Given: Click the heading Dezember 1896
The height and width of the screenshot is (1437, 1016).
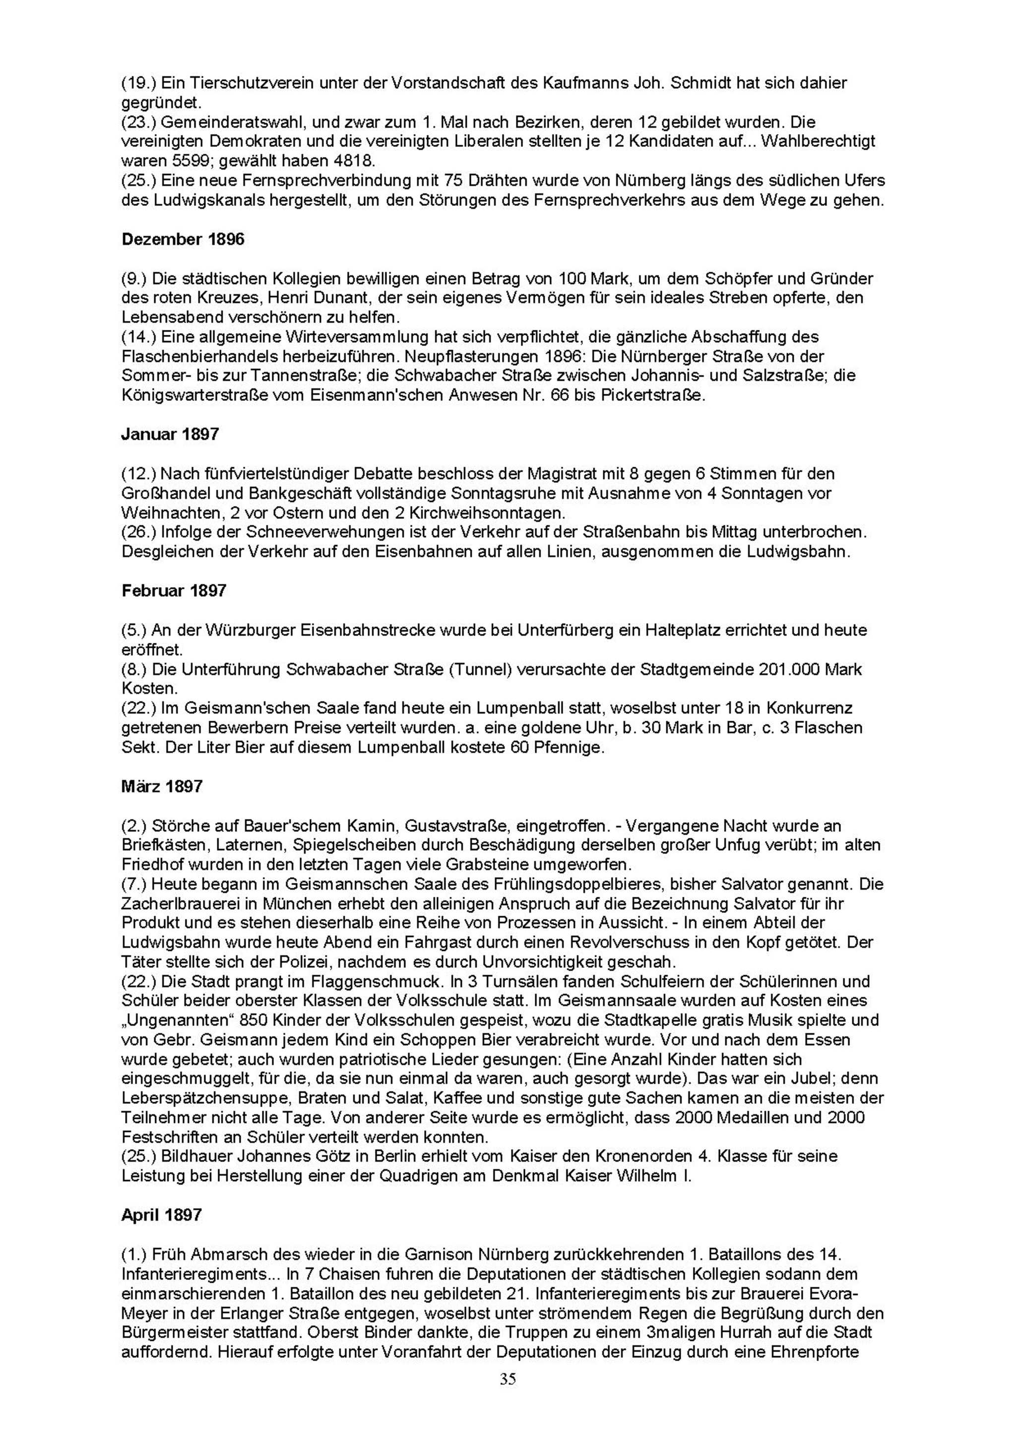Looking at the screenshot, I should [x=183, y=239].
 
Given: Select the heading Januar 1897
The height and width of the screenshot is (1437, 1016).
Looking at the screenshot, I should [x=170, y=435].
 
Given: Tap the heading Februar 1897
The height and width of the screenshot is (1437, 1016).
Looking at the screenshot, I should [x=174, y=590].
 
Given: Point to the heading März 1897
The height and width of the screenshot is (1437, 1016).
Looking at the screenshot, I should [x=162, y=786].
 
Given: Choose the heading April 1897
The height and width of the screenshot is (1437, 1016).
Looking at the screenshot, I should [x=162, y=1215].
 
